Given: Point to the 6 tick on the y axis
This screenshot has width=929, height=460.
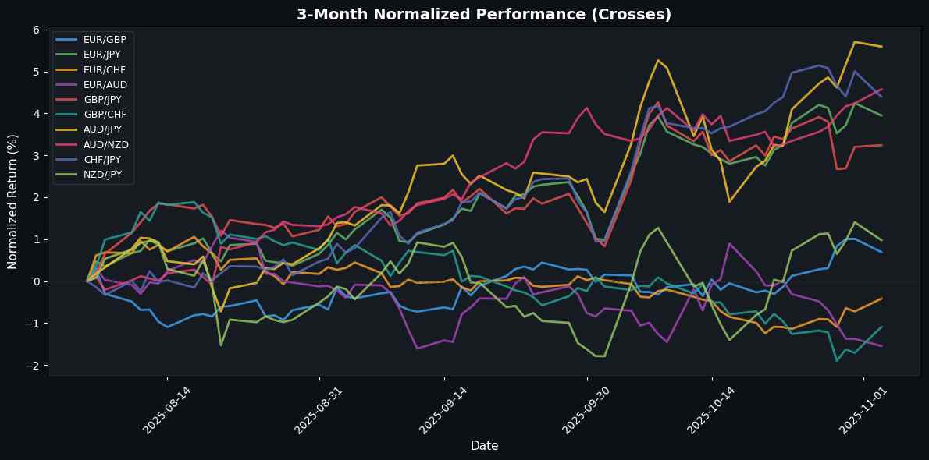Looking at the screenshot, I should tap(36, 30).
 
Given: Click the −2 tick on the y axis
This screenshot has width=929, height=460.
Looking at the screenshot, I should tap(34, 366).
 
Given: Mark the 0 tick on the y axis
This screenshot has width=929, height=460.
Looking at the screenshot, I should tap(36, 281).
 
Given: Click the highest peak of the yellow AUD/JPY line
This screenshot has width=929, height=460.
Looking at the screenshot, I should tap(855, 41).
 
